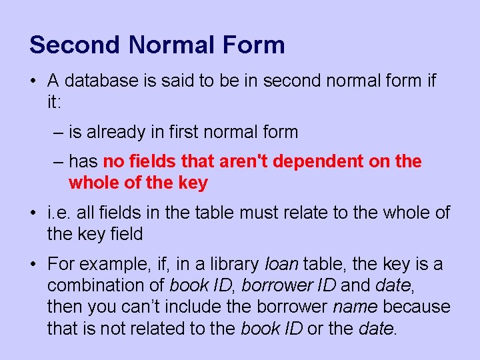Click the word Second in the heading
tap(75, 45)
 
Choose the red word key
tap(193, 183)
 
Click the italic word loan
tap(281, 263)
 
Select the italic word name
tap(355, 307)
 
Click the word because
tap(417, 307)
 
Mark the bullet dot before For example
tap(33, 263)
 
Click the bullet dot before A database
tap(33, 81)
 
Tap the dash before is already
tap(58, 133)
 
